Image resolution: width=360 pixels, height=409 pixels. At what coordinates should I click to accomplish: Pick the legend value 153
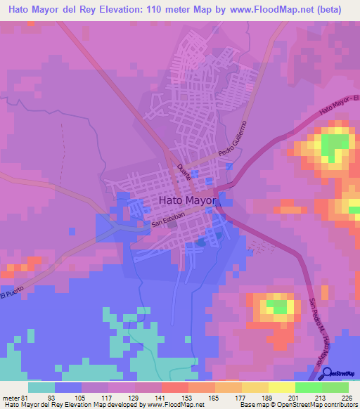(169, 397)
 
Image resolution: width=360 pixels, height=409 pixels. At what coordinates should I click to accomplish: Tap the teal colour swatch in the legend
(41, 387)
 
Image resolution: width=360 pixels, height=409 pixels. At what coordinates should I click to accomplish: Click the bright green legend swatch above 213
(309, 387)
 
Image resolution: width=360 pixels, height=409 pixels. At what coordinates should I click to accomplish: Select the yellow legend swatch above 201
(282, 387)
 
